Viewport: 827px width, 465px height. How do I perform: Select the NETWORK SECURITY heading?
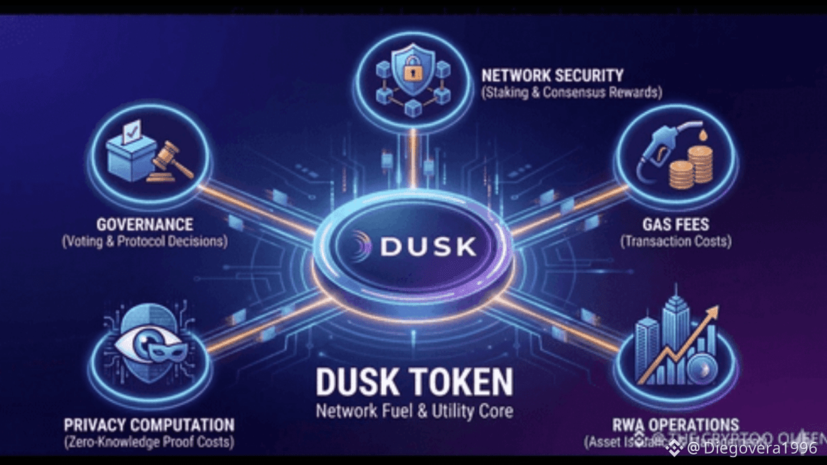(552, 75)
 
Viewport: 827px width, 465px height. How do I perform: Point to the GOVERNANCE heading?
(145, 224)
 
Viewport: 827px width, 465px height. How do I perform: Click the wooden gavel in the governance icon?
(170, 159)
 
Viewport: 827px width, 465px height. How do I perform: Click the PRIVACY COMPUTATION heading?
(149, 424)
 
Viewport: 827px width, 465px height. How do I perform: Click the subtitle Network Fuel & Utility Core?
(414, 411)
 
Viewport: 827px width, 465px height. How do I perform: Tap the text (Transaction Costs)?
(675, 241)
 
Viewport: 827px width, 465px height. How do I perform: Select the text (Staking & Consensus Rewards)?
(571, 93)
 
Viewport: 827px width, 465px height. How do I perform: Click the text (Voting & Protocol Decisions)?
(145, 241)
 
